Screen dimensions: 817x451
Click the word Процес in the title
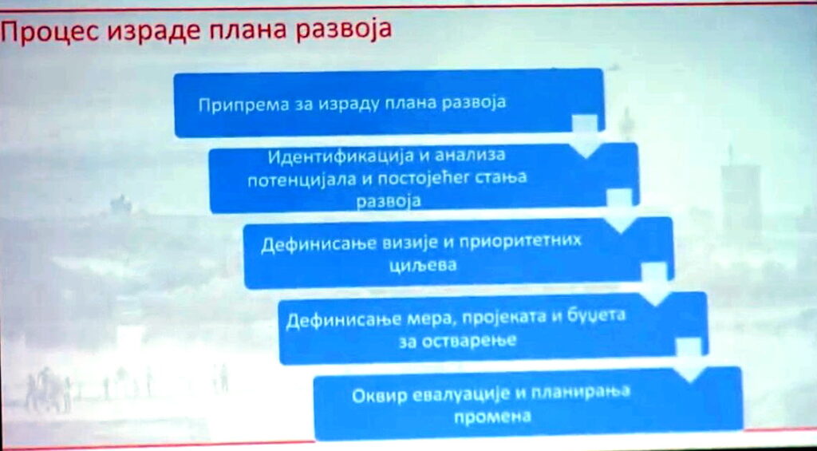[50, 32]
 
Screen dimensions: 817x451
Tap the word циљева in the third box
[423, 265]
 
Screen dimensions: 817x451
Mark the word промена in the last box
[493, 417]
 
